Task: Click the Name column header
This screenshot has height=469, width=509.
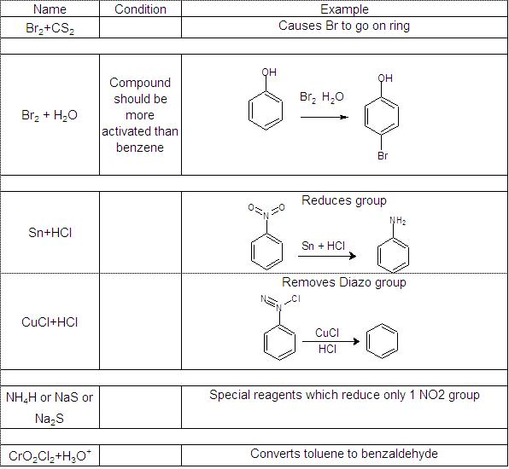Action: point(50,9)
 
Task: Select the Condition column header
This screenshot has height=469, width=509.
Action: point(140,9)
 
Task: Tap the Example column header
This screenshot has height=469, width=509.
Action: point(344,9)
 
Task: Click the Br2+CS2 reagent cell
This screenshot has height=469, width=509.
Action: point(50,28)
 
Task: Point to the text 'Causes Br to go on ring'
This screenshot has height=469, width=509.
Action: point(344,26)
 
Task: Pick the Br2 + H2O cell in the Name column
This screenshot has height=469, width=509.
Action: point(50,115)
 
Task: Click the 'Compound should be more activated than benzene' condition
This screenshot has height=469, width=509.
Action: point(140,115)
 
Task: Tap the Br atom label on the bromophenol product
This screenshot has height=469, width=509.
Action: point(383,156)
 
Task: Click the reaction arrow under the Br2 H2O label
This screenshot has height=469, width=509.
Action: point(325,117)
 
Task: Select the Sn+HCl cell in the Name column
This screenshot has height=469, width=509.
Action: point(50,233)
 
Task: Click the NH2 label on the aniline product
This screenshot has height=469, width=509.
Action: point(398,221)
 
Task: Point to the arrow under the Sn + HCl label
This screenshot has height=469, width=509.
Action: point(327,256)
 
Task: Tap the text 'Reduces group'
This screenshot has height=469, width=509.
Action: point(344,200)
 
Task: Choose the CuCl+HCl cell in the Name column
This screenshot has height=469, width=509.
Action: point(50,322)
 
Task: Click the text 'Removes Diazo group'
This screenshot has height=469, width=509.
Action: point(344,282)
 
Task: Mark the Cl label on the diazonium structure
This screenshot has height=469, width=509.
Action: point(295,298)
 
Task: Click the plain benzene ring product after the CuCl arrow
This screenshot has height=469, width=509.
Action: point(382,341)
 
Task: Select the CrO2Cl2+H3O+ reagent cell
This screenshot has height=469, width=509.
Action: point(50,455)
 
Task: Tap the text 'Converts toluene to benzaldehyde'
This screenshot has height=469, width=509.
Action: point(344,454)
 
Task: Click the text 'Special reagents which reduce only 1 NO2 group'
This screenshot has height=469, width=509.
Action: point(344,395)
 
